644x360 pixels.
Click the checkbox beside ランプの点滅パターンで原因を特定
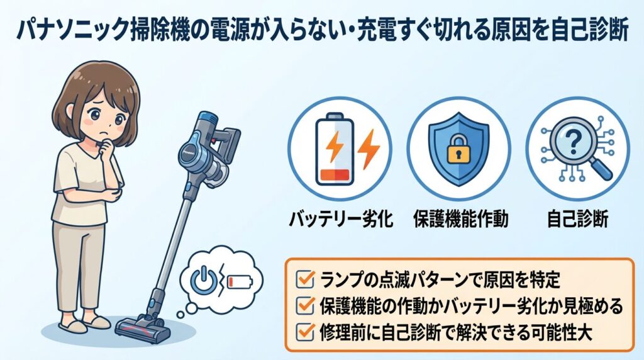coord(304,278)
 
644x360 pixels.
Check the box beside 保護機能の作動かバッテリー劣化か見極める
coord(304,307)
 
